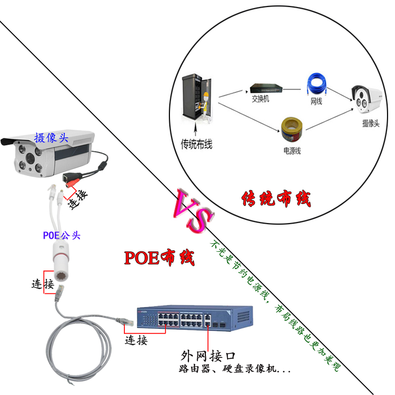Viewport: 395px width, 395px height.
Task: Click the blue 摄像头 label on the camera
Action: click(x=51, y=138)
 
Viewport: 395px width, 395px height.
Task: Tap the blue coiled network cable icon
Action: click(x=316, y=85)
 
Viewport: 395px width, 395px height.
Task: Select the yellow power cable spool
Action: click(x=291, y=131)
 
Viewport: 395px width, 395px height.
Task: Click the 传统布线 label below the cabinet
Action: click(x=197, y=145)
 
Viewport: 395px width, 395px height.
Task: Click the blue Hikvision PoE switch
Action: click(x=195, y=318)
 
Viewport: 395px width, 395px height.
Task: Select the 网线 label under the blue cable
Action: click(x=316, y=102)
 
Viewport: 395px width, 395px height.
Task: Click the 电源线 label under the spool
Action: click(x=291, y=151)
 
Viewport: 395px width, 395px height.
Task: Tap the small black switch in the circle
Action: click(x=266, y=88)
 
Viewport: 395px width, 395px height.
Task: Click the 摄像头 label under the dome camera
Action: click(x=370, y=123)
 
